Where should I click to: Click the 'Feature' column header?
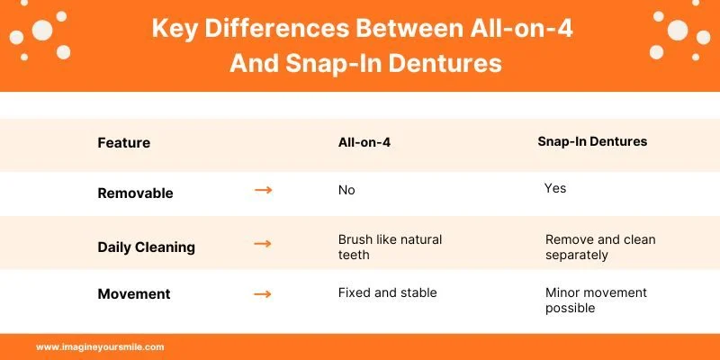(123, 143)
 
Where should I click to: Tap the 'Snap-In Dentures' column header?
(592, 142)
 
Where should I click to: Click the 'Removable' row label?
(135, 193)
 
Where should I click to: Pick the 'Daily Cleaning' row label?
(146, 247)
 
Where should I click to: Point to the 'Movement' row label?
(133, 294)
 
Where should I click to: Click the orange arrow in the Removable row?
(263, 191)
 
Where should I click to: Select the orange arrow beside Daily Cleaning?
(263, 245)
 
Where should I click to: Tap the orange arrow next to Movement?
(263, 293)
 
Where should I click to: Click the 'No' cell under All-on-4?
(346, 190)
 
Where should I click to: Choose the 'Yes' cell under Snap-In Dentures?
(555, 188)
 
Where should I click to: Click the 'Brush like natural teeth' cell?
(390, 247)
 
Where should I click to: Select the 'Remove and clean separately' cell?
(600, 247)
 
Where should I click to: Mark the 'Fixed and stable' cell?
(386, 292)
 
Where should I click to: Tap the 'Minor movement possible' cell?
(596, 300)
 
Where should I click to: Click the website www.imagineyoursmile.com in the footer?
(100, 346)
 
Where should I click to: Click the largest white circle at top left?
(42, 31)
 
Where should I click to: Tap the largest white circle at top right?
(677, 31)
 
